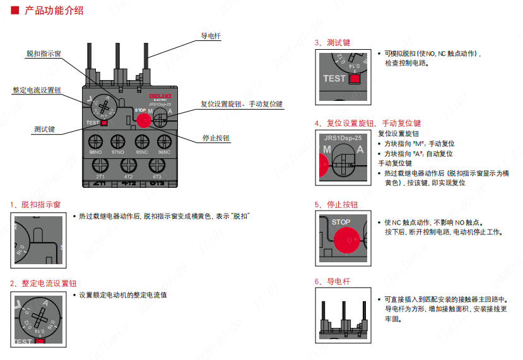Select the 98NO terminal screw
[x=97, y=141]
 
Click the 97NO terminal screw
[x=118, y=141]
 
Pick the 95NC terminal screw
[x=142, y=141]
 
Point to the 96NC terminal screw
[x=164, y=141]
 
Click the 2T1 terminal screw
[x=100, y=165]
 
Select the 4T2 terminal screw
[x=129, y=165]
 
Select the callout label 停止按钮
[x=216, y=138]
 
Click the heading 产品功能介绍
[x=54, y=11]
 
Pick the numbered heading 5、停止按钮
[x=336, y=205]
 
